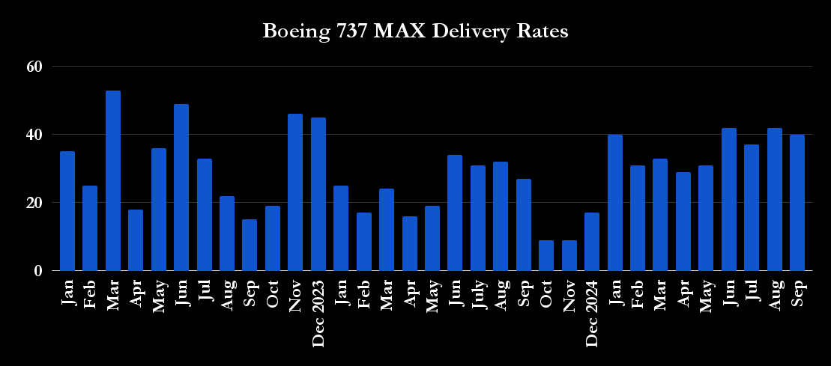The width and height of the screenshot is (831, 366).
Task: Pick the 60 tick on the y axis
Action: coord(34,67)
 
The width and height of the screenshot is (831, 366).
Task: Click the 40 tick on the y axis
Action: coord(34,135)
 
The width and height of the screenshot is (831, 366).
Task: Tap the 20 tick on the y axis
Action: coord(34,203)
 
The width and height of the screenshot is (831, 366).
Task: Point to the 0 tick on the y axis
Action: coord(38,271)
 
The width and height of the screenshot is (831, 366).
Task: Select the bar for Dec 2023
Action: coord(318,194)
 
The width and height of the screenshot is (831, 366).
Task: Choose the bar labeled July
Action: coord(478,218)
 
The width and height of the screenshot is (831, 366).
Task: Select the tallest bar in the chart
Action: coord(113,180)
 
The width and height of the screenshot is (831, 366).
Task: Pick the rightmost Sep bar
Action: coord(797,203)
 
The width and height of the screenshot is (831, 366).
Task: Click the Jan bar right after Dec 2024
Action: coord(614,203)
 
